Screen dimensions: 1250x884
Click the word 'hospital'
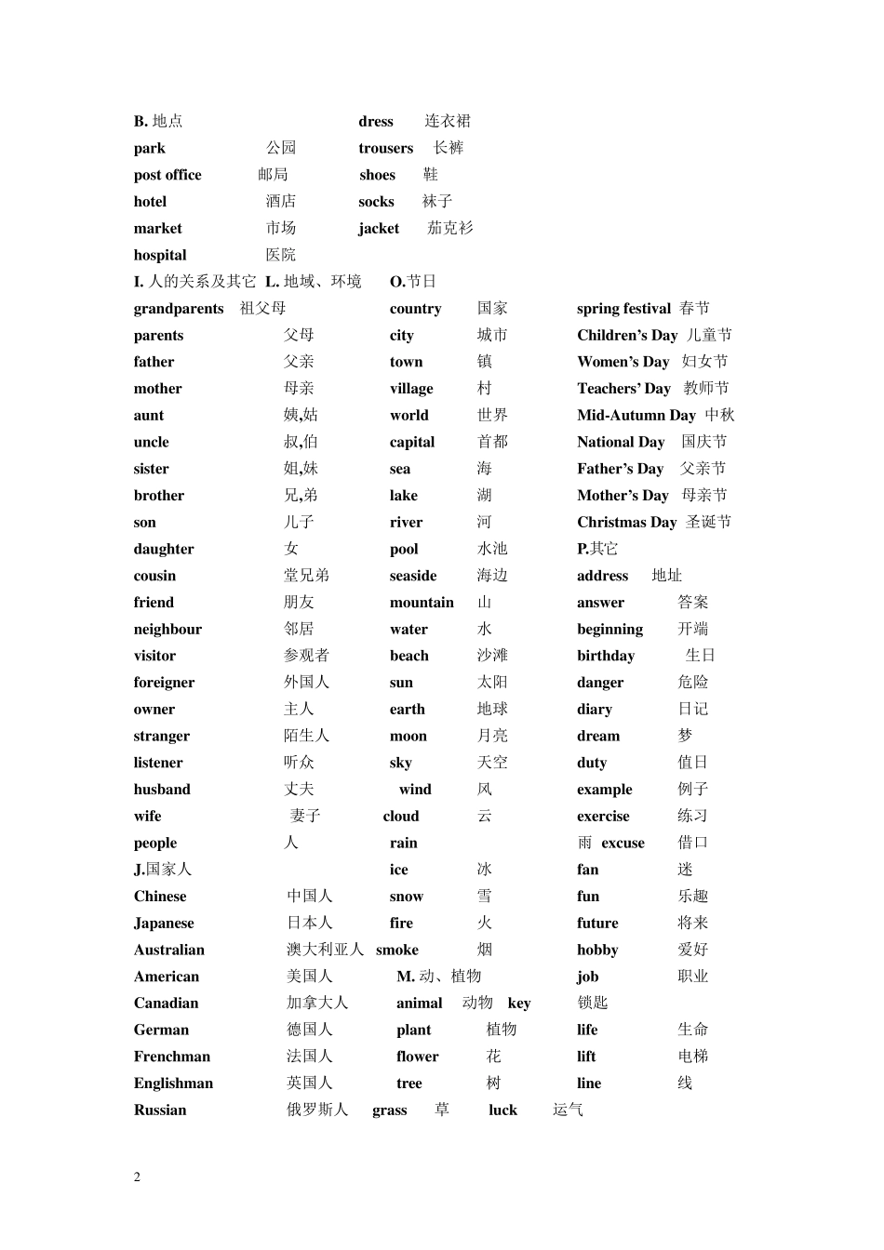160,255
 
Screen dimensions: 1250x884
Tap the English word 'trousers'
385,148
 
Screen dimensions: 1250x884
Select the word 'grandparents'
179,309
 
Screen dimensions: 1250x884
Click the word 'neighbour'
167,630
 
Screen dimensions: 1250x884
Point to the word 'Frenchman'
172,1057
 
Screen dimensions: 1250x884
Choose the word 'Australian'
168,950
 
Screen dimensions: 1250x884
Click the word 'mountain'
422,603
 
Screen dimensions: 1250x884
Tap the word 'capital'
412,443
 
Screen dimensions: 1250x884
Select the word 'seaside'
413,576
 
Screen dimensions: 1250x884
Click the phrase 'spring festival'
623,309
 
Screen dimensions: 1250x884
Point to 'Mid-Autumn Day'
636,416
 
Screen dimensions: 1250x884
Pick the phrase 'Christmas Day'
626,523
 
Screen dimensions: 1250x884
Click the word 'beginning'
609,630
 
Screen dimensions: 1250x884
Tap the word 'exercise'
603,817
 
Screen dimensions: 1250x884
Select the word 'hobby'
597,950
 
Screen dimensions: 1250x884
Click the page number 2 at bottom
138,1177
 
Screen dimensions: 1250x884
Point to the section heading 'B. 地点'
158,121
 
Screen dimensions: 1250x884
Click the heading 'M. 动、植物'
438,977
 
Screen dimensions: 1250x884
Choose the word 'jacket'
379,229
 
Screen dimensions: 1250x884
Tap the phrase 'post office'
167,175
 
